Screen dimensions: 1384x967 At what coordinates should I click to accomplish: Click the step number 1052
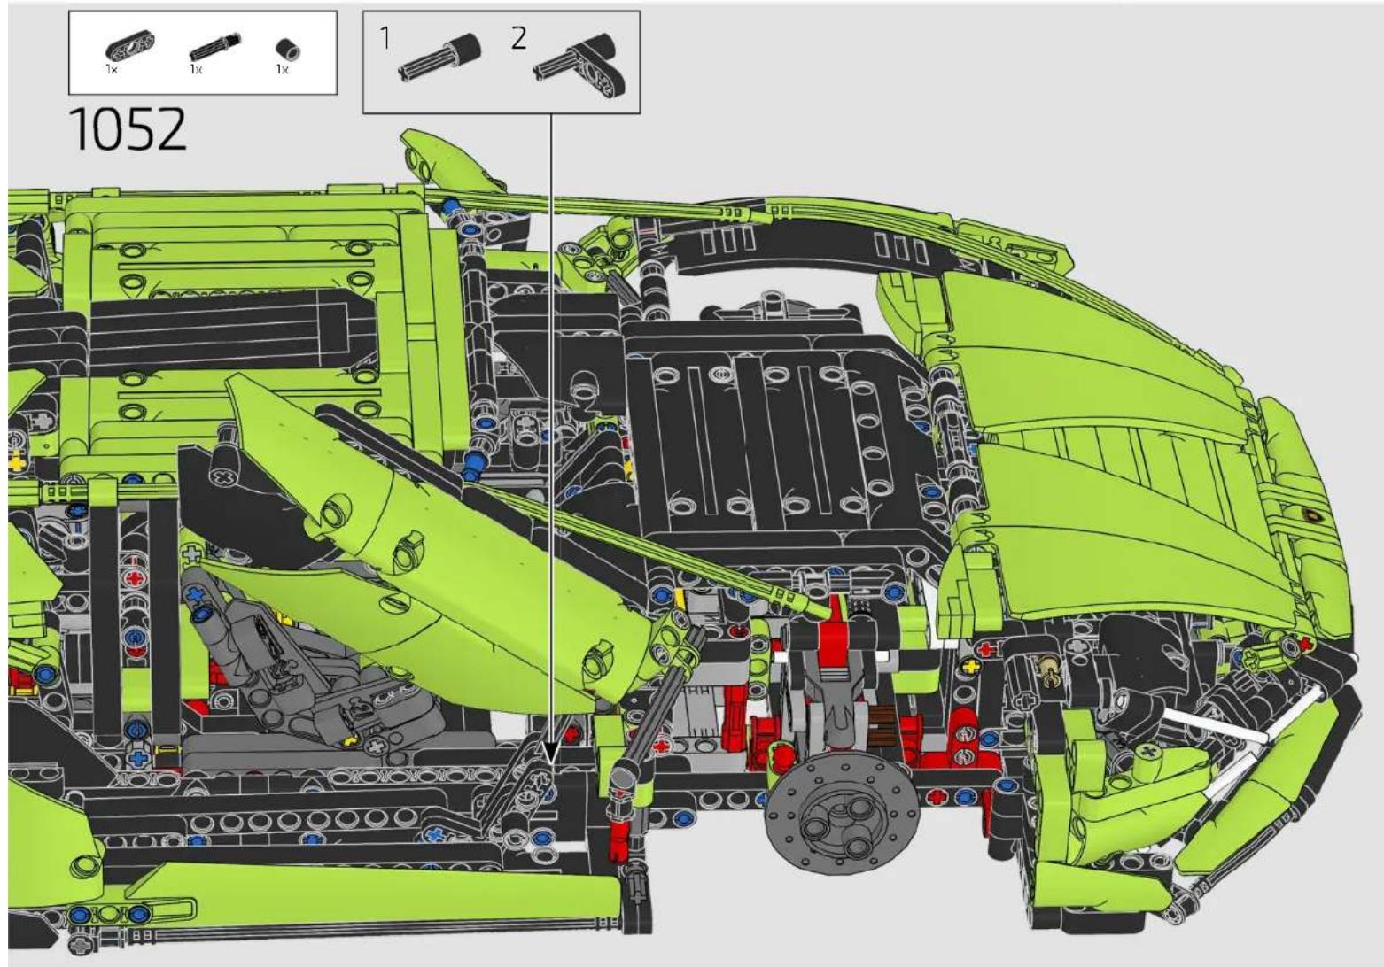(128, 128)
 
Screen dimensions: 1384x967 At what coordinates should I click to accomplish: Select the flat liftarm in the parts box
(129, 46)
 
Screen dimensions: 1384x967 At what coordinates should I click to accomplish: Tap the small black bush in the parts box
(287, 49)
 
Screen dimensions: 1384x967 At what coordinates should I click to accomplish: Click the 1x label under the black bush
(283, 69)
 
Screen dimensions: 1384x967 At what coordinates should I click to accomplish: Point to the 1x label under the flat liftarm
(112, 69)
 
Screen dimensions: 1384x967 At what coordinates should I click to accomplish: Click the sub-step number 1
(385, 38)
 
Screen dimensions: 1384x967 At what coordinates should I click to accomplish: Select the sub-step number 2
(518, 38)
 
